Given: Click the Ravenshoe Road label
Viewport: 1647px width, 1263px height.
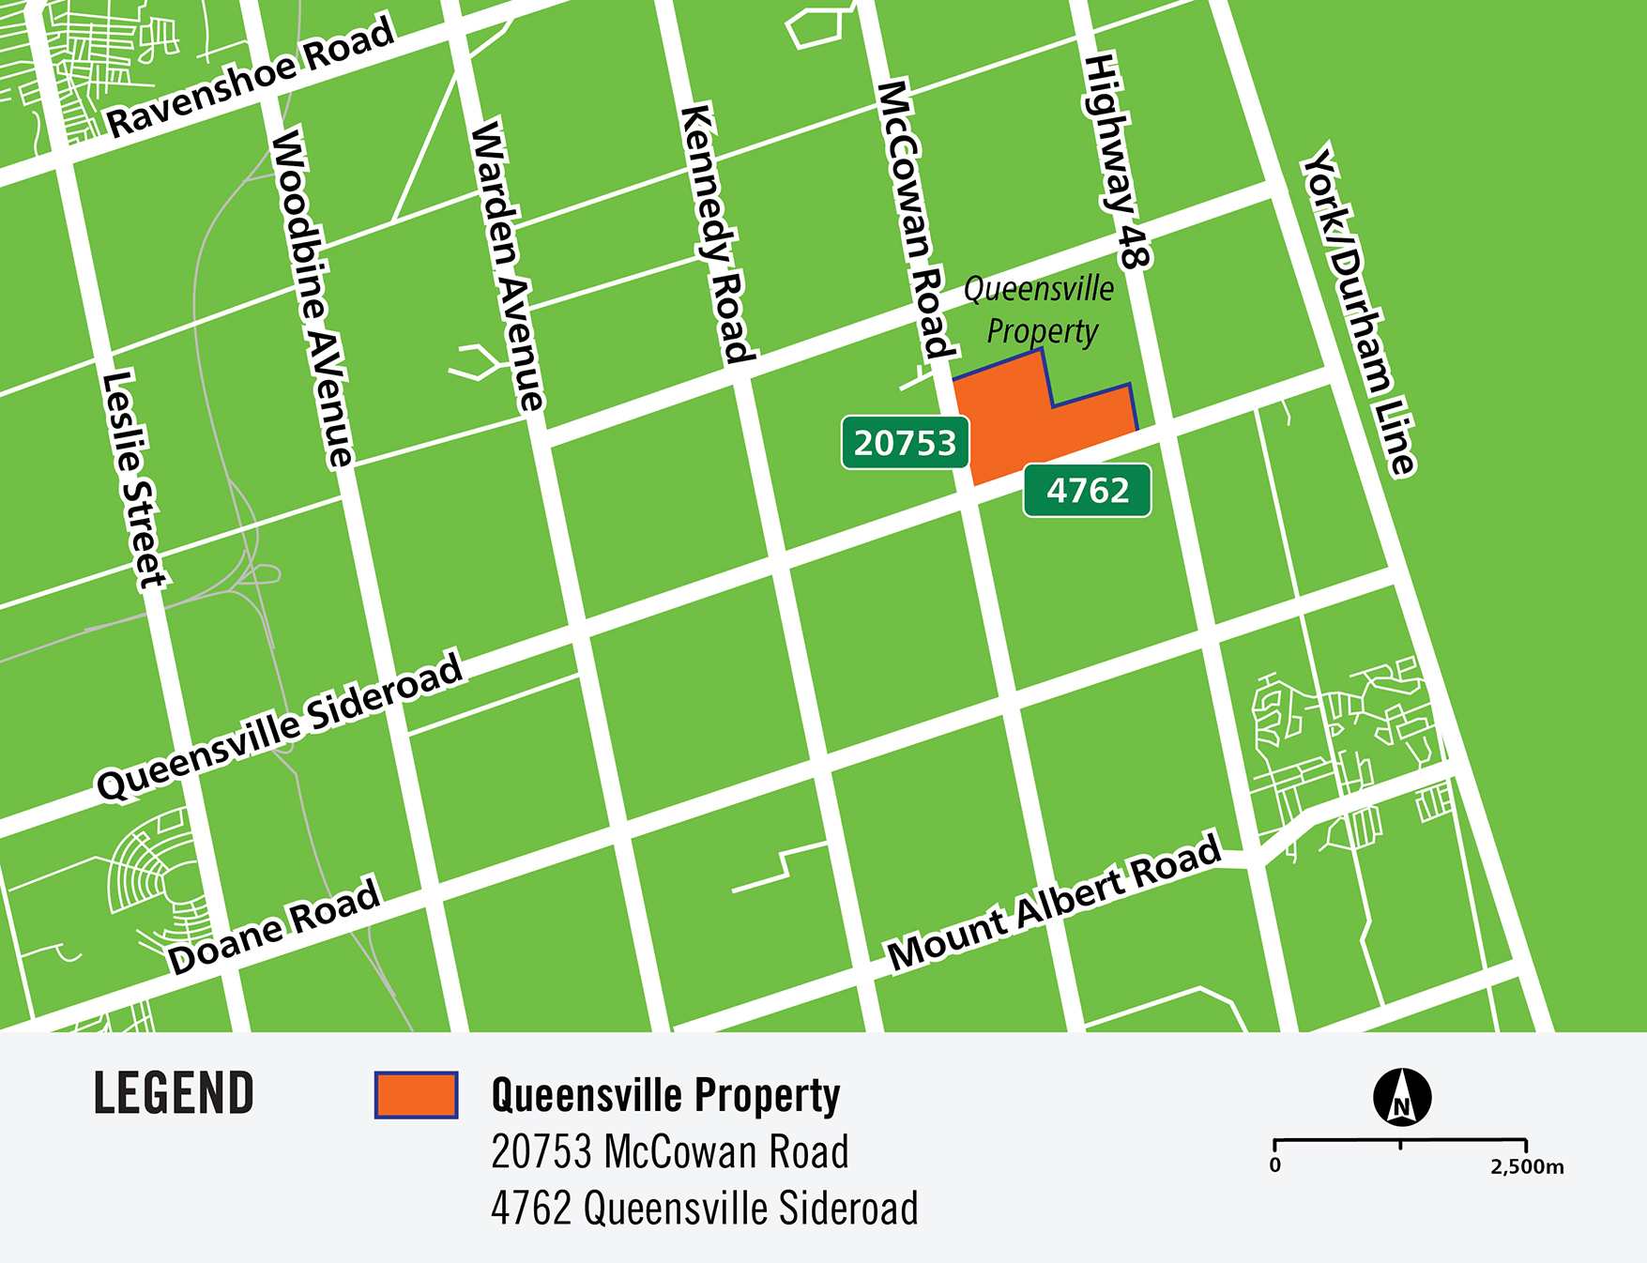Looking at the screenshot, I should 251,77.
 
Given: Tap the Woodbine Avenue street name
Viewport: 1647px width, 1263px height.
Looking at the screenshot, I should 312,298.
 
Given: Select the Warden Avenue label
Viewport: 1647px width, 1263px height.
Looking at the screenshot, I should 507,266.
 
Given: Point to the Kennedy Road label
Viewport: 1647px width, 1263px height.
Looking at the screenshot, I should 718,235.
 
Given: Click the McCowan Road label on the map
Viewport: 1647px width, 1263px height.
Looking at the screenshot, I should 916,221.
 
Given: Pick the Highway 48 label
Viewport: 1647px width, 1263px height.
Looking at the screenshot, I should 1118,162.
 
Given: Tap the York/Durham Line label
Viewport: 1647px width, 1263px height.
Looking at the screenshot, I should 1359,310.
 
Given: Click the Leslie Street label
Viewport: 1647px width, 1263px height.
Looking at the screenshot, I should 134,479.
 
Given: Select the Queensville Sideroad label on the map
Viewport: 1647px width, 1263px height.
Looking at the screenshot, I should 280,725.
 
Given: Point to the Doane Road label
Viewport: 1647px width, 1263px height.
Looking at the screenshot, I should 274,925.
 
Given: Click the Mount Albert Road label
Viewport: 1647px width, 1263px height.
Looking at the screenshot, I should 1054,901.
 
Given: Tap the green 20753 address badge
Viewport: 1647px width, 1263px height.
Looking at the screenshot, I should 905,443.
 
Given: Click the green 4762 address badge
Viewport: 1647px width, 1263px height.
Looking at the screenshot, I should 1087,490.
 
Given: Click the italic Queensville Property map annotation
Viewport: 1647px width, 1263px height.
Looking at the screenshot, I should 1040,310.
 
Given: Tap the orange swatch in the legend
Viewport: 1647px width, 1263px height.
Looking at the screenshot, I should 416,1095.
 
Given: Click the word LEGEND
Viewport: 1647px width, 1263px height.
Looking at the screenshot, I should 174,1094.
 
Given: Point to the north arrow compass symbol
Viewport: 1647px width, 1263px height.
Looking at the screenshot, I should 1401,1097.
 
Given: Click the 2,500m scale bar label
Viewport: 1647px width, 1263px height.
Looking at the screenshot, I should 1526,1167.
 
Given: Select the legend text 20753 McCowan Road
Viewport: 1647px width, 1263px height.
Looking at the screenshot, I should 669,1152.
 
